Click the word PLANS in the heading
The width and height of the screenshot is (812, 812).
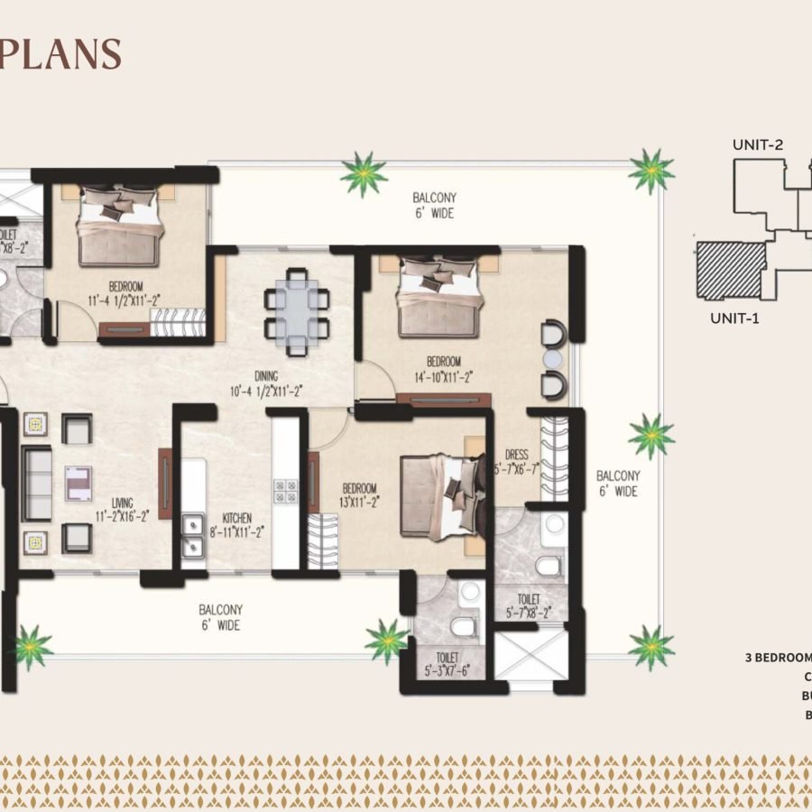pos(60,53)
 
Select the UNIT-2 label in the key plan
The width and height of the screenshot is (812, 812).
pos(758,143)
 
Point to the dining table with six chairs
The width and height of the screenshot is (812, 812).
pos(296,309)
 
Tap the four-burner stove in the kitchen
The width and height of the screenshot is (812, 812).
pos(285,491)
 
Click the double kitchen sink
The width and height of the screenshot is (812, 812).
pos(192,535)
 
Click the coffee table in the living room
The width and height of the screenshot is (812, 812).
pos(77,482)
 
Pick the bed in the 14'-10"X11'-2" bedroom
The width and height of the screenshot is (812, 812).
pos(437,298)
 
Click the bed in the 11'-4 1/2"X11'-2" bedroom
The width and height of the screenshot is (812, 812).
pos(119,226)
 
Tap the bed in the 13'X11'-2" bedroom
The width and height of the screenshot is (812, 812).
pos(442,496)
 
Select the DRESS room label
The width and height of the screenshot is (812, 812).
pos(517,456)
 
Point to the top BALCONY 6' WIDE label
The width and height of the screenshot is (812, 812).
pos(434,206)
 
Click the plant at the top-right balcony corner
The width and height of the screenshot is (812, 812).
pos(650,171)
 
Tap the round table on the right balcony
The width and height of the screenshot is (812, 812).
pos(552,359)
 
